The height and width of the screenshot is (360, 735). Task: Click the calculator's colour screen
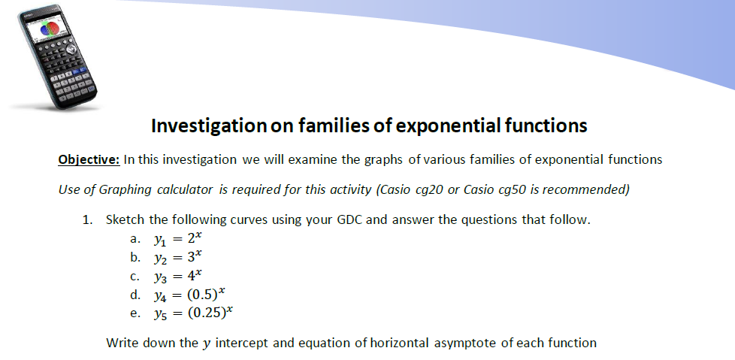click(x=47, y=29)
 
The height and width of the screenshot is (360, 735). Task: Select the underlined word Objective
click(x=89, y=160)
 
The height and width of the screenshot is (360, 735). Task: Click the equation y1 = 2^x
click(x=177, y=238)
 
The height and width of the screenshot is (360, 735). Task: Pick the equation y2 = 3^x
click(x=177, y=257)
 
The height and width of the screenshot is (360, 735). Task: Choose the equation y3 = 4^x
click(x=177, y=276)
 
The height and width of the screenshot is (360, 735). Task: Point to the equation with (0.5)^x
click(x=189, y=295)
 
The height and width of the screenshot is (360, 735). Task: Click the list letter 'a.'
click(x=135, y=239)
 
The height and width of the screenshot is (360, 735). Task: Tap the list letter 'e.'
click(x=135, y=313)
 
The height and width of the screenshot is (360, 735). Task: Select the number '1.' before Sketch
click(x=88, y=220)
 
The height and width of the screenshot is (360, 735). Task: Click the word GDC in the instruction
click(x=349, y=220)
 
